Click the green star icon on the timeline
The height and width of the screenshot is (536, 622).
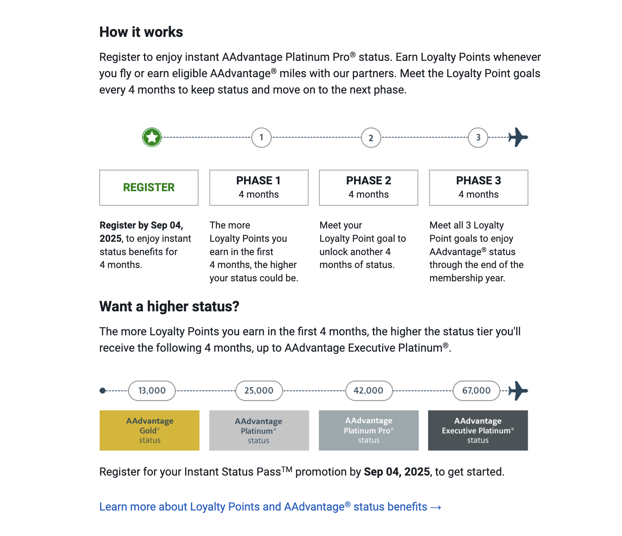click(x=152, y=137)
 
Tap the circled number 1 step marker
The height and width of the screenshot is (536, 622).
click(x=261, y=138)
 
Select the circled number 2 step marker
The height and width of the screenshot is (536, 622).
click(x=371, y=138)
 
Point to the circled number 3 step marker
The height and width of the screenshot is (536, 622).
click(x=478, y=138)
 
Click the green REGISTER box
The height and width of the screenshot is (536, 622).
click(x=149, y=187)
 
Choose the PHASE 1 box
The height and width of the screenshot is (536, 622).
click(x=259, y=187)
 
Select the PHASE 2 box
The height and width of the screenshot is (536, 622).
click(x=368, y=187)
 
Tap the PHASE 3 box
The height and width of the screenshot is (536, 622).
click(x=478, y=187)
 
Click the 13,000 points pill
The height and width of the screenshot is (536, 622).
click(x=152, y=390)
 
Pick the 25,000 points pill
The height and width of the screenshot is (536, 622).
click(x=259, y=390)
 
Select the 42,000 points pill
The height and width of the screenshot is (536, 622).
click(x=368, y=390)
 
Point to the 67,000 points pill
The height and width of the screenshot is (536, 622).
click(x=476, y=390)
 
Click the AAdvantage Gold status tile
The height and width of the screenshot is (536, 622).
click(x=149, y=430)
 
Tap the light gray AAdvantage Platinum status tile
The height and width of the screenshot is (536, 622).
click(x=259, y=430)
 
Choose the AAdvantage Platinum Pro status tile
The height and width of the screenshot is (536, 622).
click(x=368, y=430)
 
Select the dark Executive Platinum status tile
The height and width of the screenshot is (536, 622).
click(x=478, y=430)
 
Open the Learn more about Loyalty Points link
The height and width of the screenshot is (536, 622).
click(x=270, y=507)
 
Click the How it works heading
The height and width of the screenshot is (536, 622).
click(x=141, y=32)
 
